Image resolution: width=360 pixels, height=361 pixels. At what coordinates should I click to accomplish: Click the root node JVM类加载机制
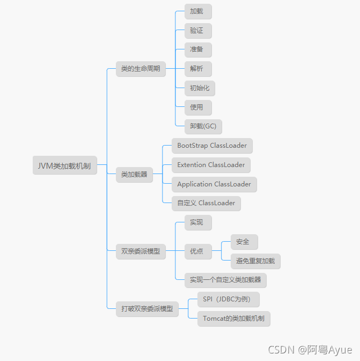point(64,166)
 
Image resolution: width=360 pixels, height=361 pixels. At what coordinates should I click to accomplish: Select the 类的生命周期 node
point(141,68)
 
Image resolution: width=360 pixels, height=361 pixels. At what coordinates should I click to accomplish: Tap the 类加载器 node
point(134,174)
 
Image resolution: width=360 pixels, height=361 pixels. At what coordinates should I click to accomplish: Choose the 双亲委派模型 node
point(141,251)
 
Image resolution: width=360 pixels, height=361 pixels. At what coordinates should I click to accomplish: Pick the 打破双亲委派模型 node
point(147,309)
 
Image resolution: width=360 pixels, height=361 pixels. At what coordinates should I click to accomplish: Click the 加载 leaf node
point(197,11)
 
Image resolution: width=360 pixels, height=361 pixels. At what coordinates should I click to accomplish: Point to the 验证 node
point(197,31)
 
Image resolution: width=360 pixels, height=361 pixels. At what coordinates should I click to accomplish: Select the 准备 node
point(197,49)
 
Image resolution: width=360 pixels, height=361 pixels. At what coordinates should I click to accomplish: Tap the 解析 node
point(197,69)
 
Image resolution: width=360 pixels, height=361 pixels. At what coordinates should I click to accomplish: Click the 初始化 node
point(200,88)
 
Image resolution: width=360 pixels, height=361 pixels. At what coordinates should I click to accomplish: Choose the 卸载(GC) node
point(203,127)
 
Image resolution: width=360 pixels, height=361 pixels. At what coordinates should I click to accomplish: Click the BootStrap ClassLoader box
point(212,146)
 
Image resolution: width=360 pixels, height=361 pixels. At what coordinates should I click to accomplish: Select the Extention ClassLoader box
point(211,165)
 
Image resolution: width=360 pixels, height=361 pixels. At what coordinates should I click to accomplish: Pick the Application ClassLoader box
point(214,184)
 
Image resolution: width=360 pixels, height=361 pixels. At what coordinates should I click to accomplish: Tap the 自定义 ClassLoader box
point(206,203)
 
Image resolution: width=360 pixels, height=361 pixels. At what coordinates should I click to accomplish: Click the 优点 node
point(197,251)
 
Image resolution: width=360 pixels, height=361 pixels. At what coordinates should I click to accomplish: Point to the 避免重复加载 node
point(255,261)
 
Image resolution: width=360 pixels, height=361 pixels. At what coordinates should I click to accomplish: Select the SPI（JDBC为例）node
point(227,299)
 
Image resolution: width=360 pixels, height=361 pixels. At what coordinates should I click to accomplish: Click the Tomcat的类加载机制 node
point(233,319)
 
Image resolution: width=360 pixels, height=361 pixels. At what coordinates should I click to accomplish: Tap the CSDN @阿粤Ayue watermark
point(310,350)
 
